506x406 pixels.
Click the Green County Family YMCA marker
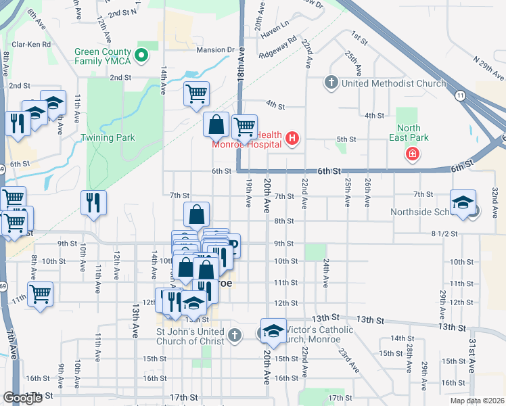pyautogui.click(x=142, y=56)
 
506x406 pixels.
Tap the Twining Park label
pyautogui.click(x=108, y=138)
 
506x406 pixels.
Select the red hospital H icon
pyautogui.click(x=292, y=140)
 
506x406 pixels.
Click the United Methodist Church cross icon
pyautogui.click(x=331, y=83)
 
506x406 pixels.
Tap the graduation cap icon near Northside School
pyautogui.click(x=463, y=203)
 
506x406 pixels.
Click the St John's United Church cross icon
pyautogui.click(x=234, y=336)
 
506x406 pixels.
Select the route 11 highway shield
pyautogui.click(x=460, y=95)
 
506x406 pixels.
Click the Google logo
pyautogui.click(x=22, y=398)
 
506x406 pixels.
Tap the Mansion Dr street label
pyautogui.click(x=215, y=50)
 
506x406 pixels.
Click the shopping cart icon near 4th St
pyautogui.click(x=196, y=93)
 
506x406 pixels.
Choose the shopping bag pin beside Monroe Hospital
pyautogui.click(x=216, y=125)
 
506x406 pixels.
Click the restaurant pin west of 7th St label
pyautogui.click(x=93, y=202)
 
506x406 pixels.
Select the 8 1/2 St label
pyautogui.click(x=444, y=233)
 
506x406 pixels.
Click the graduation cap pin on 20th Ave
pyautogui.click(x=273, y=331)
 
